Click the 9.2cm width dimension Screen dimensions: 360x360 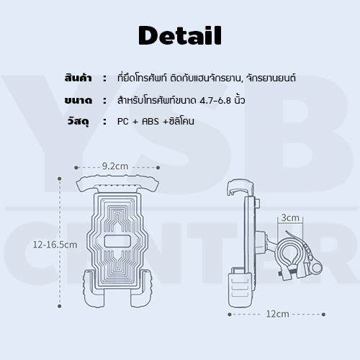114,165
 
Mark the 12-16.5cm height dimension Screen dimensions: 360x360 55,244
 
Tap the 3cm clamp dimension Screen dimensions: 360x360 290,217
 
